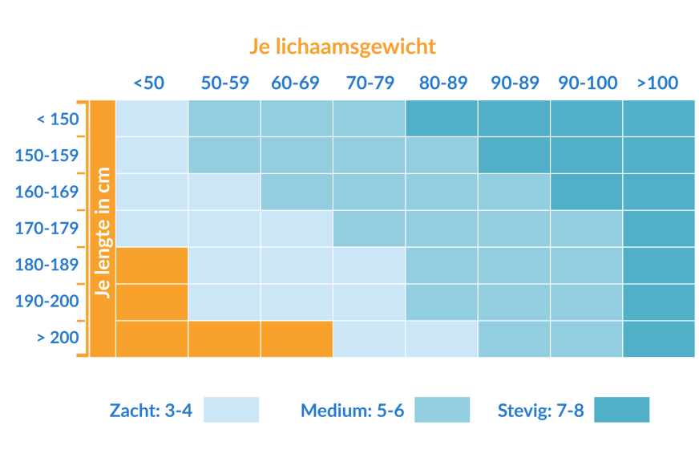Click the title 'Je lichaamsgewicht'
pos(342,47)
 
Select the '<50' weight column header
pos(149,83)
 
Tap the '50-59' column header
pos(224,83)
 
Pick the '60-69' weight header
pos(295,83)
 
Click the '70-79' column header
pos(370,83)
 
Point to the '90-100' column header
pos(588,83)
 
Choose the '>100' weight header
pos(657,83)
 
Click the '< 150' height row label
pos(58,120)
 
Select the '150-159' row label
pos(46,156)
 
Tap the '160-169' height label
pos(46,192)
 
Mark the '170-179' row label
pos(46,229)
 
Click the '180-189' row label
pos(46,265)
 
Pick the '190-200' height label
pos(46,302)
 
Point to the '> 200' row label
pos(58,338)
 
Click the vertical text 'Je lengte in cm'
pos(102,233)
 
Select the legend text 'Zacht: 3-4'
pos(150,411)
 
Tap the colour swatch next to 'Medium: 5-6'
pos(442,410)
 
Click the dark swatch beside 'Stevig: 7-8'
pos(621,410)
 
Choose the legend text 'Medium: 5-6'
pos(352,411)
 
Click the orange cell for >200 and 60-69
pos(296,339)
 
